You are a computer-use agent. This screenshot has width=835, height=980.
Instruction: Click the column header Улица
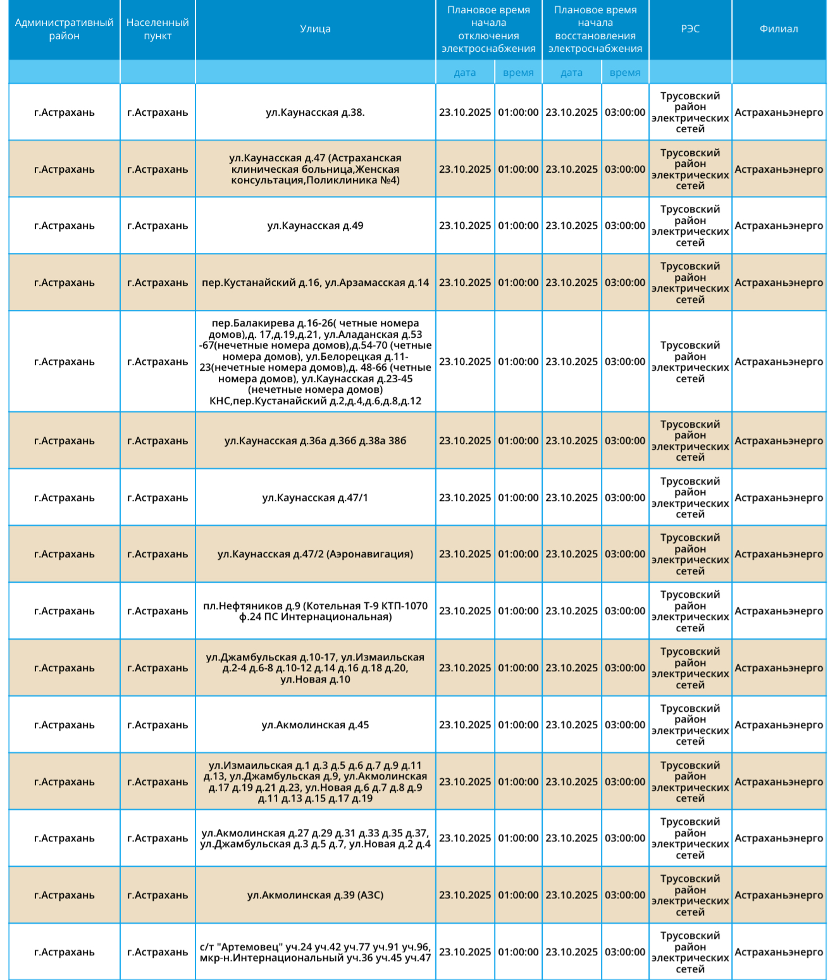[x=315, y=29]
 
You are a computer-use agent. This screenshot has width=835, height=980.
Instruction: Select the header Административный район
[x=64, y=29]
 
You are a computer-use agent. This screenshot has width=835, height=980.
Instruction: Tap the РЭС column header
[x=690, y=29]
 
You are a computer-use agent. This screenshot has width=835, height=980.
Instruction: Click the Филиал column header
[x=779, y=29]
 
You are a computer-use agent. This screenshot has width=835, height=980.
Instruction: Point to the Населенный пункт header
[x=158, y=29]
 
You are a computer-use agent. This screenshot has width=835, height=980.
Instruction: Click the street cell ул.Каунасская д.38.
[x=315, y=113]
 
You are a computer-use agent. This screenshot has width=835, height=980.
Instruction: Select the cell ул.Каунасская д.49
[x=315, y=226]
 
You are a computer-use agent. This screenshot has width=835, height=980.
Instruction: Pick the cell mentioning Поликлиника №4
[x=315, y=170]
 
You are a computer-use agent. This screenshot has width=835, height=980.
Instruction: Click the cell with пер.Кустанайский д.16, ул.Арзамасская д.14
[x=315, y=283]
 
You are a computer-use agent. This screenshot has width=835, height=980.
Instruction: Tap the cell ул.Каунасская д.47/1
[x=315, y=498]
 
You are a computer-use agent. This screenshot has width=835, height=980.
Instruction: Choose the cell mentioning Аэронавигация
[x=315, y=554]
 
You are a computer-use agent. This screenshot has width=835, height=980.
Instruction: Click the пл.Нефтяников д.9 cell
[x=315, y=611]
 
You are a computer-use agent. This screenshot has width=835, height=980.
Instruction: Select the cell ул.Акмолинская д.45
[x=315, y=725]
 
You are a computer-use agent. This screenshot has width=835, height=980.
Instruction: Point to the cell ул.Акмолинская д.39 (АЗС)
[x=315, y=895]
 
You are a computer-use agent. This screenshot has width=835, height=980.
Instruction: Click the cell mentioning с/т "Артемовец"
[x=315, y=952]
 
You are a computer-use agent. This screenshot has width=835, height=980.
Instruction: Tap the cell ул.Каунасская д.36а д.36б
[x=315, y=441]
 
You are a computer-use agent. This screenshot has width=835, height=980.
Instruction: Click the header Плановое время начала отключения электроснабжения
[x=488, y=29]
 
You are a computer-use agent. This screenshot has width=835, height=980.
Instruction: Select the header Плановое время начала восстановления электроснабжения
[x=595, y=29]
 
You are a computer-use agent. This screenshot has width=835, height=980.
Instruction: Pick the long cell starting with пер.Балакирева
[x=315, y=362]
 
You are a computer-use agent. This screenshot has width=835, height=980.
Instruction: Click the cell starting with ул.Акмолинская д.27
[x=315, y=838]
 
